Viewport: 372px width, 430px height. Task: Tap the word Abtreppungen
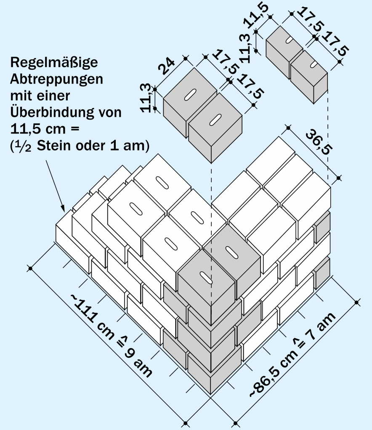pos(57,79)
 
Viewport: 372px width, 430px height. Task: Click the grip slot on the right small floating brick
pos(314,64)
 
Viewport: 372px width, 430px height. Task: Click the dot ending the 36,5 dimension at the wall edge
pos(339,179)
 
